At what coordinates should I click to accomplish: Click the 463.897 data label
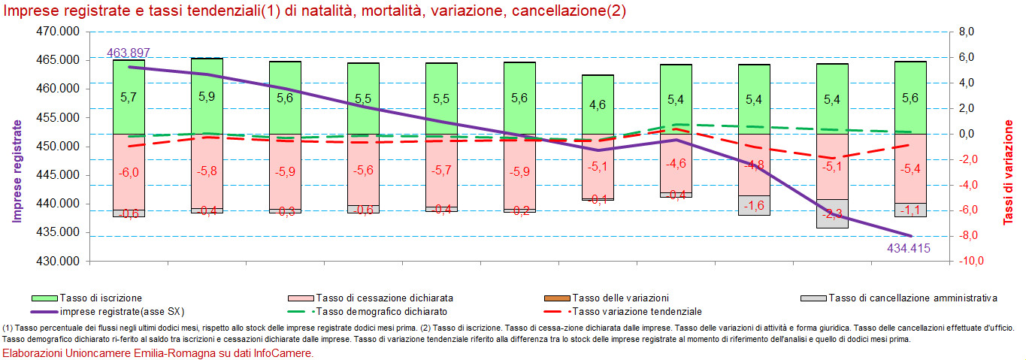pyautogui.click(x=129, y=53)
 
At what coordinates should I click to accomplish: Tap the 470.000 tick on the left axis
pyautogui.click(x=60, y=32)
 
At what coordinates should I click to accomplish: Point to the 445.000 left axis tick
pyautogui.click(x=60, y=175)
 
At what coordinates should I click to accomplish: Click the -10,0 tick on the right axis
pyautogui.click(x=965, y=262)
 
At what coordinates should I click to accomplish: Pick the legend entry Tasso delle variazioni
pyautogui.click(x=620, y=298)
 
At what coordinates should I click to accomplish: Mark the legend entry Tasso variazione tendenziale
pyautogui.click(x=636, y=311)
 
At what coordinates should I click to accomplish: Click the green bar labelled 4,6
pyautogui.click(x=598, y=104)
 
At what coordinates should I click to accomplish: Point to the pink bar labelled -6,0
pyautogui.click(x=129, y=172)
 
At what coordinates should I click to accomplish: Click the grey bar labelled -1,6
pyautogui.click(x=754, y=205)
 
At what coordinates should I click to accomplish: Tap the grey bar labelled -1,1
pyautogui.click(x=910, y=210)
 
